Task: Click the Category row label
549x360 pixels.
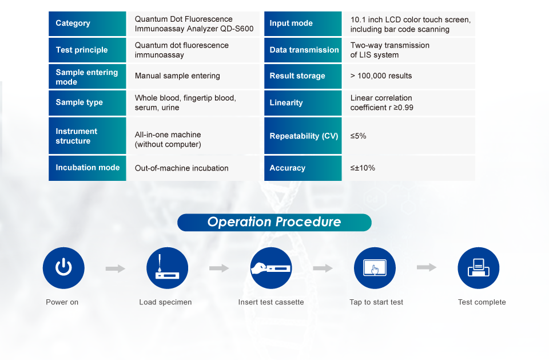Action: [73, 23]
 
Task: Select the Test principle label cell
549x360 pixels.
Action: [87, 50]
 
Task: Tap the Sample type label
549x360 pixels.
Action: [79, 102]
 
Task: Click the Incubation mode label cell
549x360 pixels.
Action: [87, 168]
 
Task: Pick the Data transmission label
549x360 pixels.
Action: [304, 50]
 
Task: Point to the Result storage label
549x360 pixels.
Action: [297, 76]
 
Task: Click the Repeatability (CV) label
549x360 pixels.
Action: [304, 136]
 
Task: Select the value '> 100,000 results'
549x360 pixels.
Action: [381, 76]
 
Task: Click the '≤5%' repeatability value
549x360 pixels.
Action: [358, 136]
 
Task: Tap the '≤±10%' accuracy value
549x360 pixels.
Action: [363, 168]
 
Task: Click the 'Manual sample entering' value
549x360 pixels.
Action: [177, 76]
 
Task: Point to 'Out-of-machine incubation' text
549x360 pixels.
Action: [181, 168]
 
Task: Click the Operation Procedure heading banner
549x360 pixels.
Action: [274, 222]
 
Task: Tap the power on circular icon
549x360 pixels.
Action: [63, 268]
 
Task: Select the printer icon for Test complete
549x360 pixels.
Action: [479, 268]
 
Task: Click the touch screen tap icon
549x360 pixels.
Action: [375, 268]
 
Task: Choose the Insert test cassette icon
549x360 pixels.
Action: [271, 268]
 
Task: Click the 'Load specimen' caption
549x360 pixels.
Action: [165, 302]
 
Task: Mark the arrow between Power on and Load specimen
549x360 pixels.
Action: [115, 268]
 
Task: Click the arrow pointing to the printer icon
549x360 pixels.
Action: [427, 267]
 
